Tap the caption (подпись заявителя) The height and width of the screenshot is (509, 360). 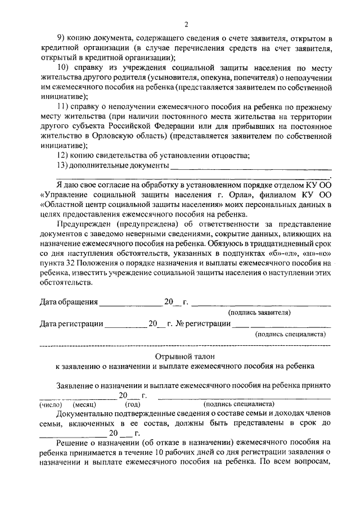259,312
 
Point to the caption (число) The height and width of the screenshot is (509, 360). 51,404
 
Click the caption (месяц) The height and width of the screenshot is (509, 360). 84,404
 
